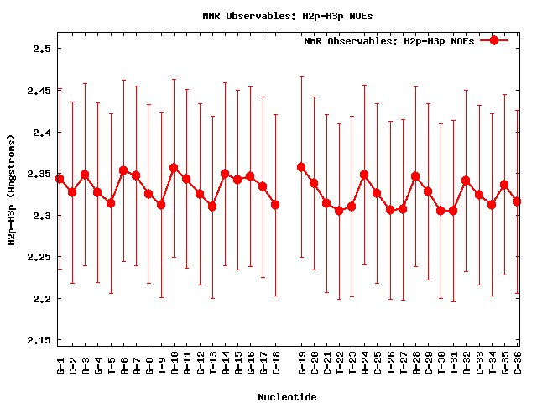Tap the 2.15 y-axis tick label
point(39,340)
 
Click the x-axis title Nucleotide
point(287,397)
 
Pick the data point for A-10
point(174,168)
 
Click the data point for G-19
point(301,167)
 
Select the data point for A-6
point(123,170)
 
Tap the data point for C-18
point(275,205)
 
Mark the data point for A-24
point(364,175)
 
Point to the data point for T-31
point(453,211)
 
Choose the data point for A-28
point(415,176)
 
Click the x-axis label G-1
point(60,365)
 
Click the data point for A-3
point(85,175)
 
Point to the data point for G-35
point(504,185)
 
